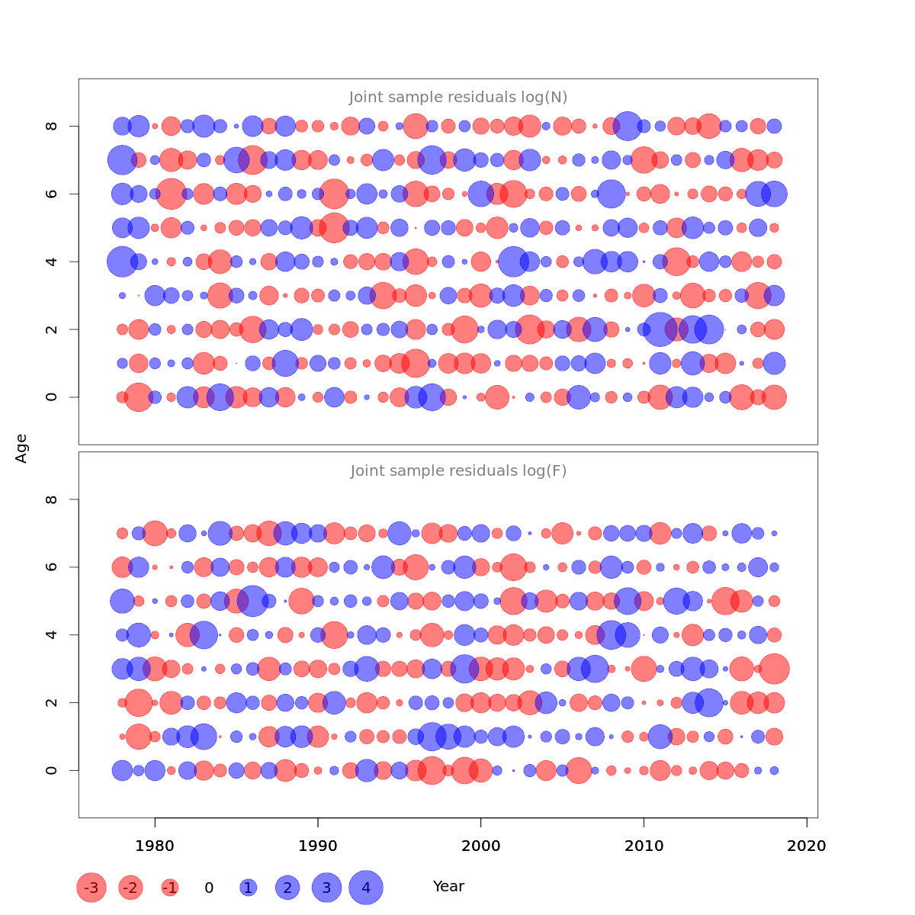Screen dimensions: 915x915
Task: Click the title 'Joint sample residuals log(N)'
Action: [458, 98]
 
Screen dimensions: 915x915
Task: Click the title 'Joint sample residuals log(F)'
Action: [458, 471]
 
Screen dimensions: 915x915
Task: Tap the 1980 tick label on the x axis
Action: [155, 846]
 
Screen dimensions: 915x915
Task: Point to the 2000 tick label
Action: [480, 846]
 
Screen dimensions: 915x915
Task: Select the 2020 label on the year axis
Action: [807, 846]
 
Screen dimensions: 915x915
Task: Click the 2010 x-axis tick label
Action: [644, 846]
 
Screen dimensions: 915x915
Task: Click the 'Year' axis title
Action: [448, 887]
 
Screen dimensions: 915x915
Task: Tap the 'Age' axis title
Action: [21, 448]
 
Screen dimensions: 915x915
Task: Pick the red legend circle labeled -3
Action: [91, 888]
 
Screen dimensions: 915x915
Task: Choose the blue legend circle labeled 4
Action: [366, 888]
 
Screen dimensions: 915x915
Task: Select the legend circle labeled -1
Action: [170, 888]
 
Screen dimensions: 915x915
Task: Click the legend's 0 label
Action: [209, 888]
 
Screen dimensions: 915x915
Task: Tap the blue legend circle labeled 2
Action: [287, 888]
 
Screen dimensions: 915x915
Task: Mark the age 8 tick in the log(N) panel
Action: [52, 126]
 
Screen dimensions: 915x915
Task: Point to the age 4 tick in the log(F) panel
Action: [52, 634]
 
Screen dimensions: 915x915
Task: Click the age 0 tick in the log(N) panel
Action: [52, 397]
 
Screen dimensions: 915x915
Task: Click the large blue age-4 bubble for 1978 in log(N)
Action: [122, 262]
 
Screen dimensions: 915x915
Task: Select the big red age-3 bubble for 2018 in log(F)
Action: [774, 669]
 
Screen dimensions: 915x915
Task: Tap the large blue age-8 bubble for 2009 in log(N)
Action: [628, 126]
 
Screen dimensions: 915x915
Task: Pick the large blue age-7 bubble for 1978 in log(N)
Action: [122, 160]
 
